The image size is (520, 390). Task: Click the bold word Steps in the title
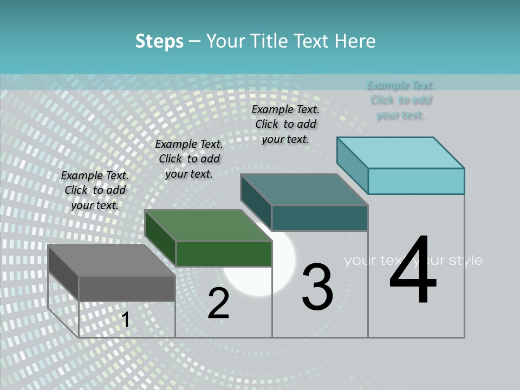pos(159,41)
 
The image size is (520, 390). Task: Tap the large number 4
pos(413,271)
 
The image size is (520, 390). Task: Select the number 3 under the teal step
pos(317,287)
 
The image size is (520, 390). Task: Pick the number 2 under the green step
pos(218,304)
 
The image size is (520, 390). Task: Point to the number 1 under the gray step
pos(125,320)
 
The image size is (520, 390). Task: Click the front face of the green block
pos(224,253)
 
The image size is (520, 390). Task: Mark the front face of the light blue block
pos(416,181)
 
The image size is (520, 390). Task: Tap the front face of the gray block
pos(127,288)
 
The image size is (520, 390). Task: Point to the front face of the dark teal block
pos(320,218)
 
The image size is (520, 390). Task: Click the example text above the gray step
pos(95,190)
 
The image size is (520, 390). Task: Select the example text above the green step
pos(189,159)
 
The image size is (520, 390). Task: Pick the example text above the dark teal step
pos(285,124)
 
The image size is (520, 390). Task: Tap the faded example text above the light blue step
pos(401,100)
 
